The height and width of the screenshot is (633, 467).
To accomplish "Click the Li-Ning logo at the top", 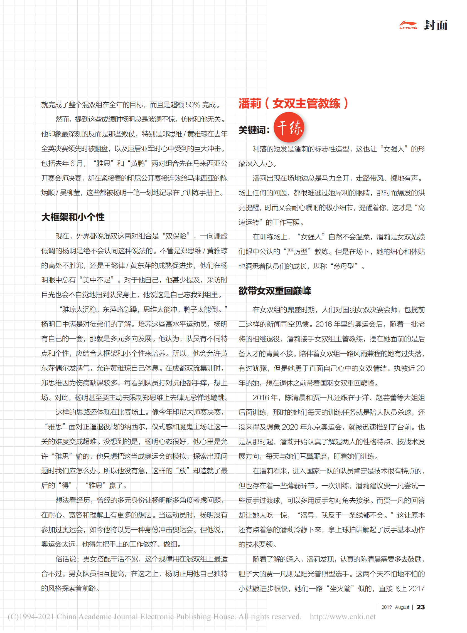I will pyautogui.click(x=408, y=25).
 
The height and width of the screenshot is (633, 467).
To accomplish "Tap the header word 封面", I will pyautogui.click(x=436, y=25).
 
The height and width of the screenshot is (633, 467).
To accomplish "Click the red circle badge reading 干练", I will pyautogui.click(x=289, y=127).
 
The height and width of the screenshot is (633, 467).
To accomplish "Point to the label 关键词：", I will pyautogui.click(x=254, y=130).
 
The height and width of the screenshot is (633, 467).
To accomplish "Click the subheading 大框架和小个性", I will pyautogui.click(x=73, y=217).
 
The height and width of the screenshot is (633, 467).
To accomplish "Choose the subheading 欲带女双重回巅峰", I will pyautogui.click(x=274, y=291).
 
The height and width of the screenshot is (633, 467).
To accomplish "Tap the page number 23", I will pyautogui.click(x=421, y=607).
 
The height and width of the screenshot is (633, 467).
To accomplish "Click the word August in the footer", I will pyautogui.click(x=402, y=607).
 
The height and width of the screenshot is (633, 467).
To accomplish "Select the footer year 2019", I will pyautogui.click(x=387, y=607).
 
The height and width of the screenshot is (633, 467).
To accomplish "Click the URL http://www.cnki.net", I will pyautogui.click(x=343, y=617).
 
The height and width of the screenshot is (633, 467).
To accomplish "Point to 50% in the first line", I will pyautogui.click(x=193, y=105).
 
